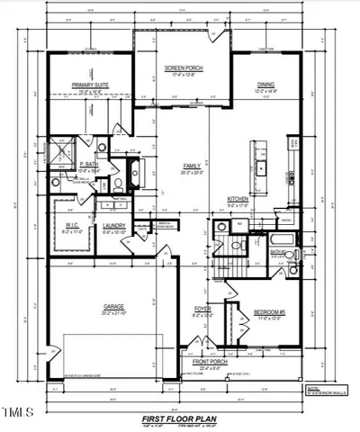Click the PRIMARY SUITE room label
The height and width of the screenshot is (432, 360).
[89, 85]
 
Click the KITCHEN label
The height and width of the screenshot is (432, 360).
[238, 199]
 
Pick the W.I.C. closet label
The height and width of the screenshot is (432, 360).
[74, 226]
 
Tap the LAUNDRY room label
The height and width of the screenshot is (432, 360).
[113, 226]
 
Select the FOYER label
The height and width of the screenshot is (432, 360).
[202, 310]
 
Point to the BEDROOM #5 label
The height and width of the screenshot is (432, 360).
[270, 312]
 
